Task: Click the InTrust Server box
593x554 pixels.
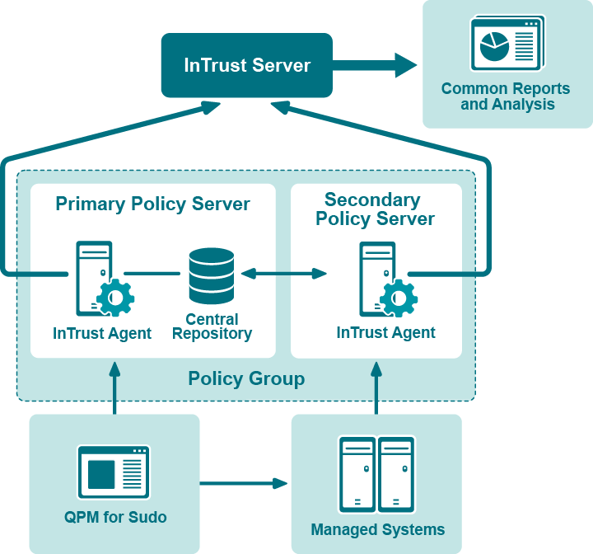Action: pyautogui.click(x=246, y=65)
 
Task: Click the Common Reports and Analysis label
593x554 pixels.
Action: pyautogui.click(x=506, y=96)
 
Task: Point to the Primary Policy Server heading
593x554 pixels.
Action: pyautogui.click(x=152, y=204)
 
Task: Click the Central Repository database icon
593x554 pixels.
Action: pyautogui.click(x=211, y=275)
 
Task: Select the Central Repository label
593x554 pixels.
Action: pyautogui.click(x=212, y=326)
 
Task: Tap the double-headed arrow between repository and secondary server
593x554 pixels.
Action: pyautogui.click(x=284, y=273)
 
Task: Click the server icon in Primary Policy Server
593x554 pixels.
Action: pyautogui.click(x=93, y=276)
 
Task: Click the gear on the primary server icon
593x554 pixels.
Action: pyautogui.click(x=115, y=297)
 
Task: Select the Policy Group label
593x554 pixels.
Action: pyautogui.click(x=246, y=379)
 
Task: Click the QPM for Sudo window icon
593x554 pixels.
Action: pyautogui.click(x=114, y=472)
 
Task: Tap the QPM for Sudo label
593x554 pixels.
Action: pyautogui.click(x=115, y=518)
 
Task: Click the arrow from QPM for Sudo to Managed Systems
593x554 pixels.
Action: pyautogui.click(x=244, y=482)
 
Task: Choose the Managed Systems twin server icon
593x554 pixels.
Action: pyautogui.click(x=376, y=474)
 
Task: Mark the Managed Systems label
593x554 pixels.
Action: pyautogui.click(x=377, y=529)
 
